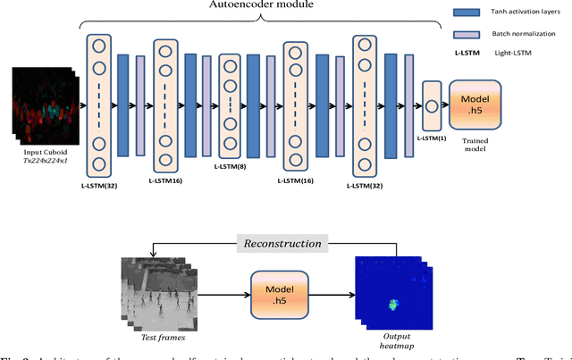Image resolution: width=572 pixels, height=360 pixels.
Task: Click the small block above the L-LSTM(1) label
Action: point(432,105)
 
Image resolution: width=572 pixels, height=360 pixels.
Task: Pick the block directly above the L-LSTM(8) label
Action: point(231,105)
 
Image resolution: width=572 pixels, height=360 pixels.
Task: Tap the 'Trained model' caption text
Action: point(475,144)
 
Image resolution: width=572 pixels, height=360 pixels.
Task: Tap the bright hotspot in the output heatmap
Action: point(391,305)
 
